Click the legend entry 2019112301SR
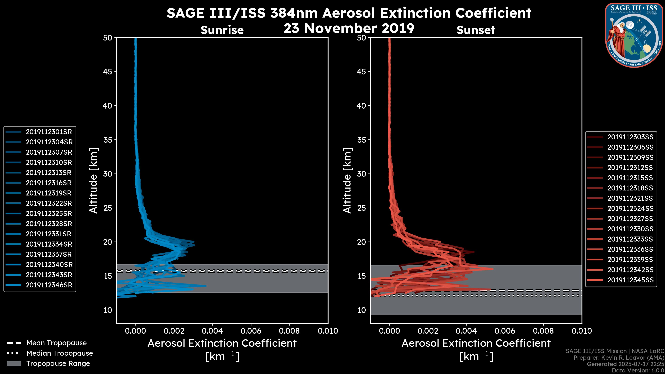[x=49, y=132]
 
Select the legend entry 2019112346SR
[x=49, y=285]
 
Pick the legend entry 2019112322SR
[x=49, y=203]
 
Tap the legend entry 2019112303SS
[x=630, y=137]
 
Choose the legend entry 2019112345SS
[x=630, y=280]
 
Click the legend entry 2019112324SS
[x=630, y=208]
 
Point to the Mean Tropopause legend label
[x=56, y=343]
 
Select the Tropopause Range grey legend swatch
[x=14, y=363]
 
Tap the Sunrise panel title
[x=222, y=30]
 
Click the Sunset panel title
[x=476, y=30]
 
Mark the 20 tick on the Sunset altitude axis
[x=361, y=242]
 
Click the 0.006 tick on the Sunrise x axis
[x=251, y=331]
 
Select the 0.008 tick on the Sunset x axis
[x=543, y=331]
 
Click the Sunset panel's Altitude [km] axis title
[x=347, y=181]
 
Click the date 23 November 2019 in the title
[x=349, y=28]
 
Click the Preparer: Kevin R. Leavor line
[x=619, y=358]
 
